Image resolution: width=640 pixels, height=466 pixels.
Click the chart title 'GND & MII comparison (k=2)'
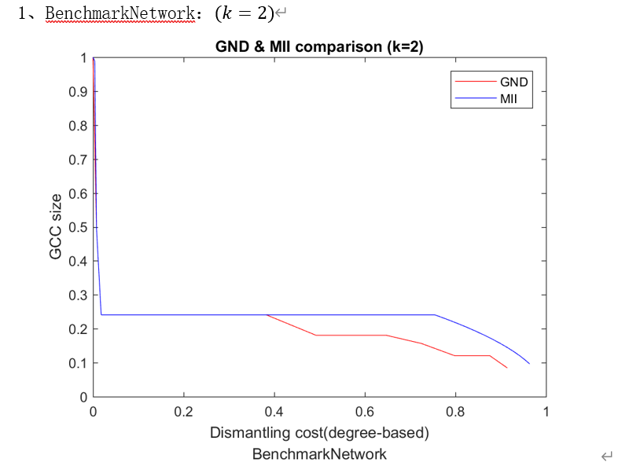pos(319,47)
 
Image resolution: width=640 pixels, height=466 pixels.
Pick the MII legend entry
pos(508,99)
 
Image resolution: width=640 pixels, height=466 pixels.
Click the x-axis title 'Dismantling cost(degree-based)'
pos(319,433)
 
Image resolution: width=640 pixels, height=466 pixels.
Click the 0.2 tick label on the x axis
pos(184,412)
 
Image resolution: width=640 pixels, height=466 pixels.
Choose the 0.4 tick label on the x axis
pos(274,412)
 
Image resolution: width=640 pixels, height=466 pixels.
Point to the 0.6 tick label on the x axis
pos(365,412)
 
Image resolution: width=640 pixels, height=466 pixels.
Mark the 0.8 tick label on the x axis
pos(455,412)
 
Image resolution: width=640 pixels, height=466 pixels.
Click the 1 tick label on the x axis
pos(546,412)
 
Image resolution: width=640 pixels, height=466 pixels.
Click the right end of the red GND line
pos(507,368)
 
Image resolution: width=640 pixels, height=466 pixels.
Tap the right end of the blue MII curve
pos(529,363)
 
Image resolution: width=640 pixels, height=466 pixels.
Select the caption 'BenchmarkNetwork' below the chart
pos(319,453)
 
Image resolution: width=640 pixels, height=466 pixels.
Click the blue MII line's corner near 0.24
pos(101,315)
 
